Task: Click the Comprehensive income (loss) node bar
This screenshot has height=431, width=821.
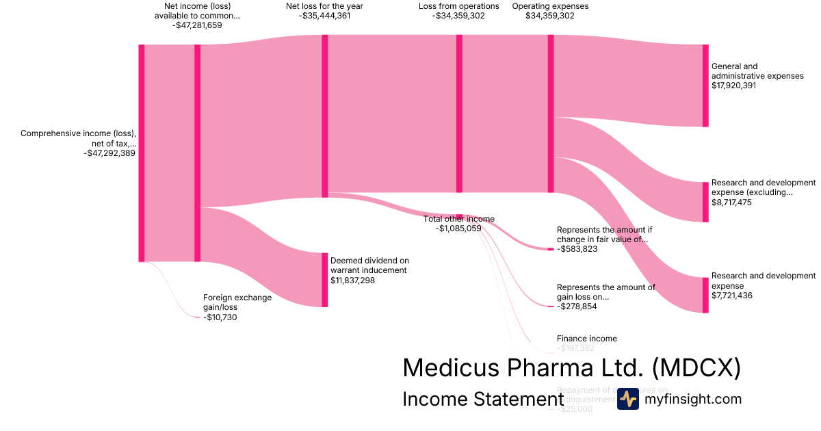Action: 142,153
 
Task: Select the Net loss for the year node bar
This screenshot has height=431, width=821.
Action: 325,116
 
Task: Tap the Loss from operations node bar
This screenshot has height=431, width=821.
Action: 459,114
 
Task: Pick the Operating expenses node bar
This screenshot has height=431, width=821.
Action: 551,114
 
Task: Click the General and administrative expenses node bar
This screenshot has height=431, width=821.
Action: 705,86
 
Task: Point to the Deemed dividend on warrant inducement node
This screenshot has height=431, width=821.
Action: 325,280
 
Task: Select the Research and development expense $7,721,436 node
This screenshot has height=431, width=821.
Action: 705,295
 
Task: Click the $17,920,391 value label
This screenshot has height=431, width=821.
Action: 733,86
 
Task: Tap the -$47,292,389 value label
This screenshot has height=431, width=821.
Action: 109,154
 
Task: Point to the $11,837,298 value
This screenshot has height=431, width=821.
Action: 352,280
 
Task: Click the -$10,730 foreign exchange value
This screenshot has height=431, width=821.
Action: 220,317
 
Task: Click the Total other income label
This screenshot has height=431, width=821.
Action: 458,219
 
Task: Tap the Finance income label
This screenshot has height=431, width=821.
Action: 586,339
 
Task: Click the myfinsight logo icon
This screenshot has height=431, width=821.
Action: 627,399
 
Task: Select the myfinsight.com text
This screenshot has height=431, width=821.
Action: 693,399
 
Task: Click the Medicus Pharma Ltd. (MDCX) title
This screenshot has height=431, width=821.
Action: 571,368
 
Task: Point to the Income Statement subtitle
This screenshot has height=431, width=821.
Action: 482,399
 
